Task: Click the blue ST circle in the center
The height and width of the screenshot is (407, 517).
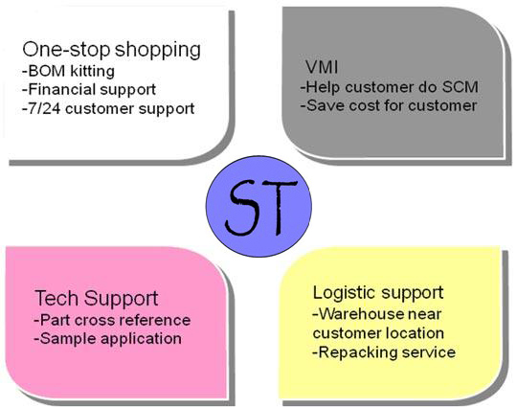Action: point(258,206)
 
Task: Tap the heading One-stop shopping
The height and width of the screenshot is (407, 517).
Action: point(111,50)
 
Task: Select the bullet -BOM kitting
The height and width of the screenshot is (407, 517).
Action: point(68,71)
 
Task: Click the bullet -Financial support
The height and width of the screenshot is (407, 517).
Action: point(89,90)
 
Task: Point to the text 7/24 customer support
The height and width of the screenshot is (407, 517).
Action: point(111,109)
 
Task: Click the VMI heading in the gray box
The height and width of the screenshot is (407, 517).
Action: point(322,68)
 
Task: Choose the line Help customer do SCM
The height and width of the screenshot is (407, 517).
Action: point(393,87)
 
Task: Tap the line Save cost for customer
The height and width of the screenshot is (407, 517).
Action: point(392,105)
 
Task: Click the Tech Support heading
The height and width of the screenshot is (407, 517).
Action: point(97,298)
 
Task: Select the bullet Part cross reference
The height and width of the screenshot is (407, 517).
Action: point(115,320)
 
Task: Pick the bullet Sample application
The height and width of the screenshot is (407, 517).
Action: point(110,339)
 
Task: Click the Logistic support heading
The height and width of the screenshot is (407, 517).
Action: point(378,292)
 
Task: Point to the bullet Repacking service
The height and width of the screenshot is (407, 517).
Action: point(387,352)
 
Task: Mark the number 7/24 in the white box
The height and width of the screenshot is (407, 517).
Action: point(44,109)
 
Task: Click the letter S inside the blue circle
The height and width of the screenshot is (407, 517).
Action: point(240,208)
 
